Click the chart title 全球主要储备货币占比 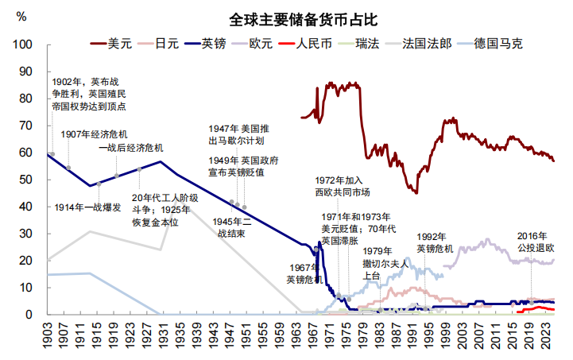pyautogui.click(x=292, y=18)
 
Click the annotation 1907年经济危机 pyautogui.click(x=94, y=134)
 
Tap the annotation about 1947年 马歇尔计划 pyautogui.click(x=239, y=134)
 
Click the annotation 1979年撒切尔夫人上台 pyautogui.click(x=385, y=264)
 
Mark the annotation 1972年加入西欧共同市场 pyautogui.click(x=342, y=186)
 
